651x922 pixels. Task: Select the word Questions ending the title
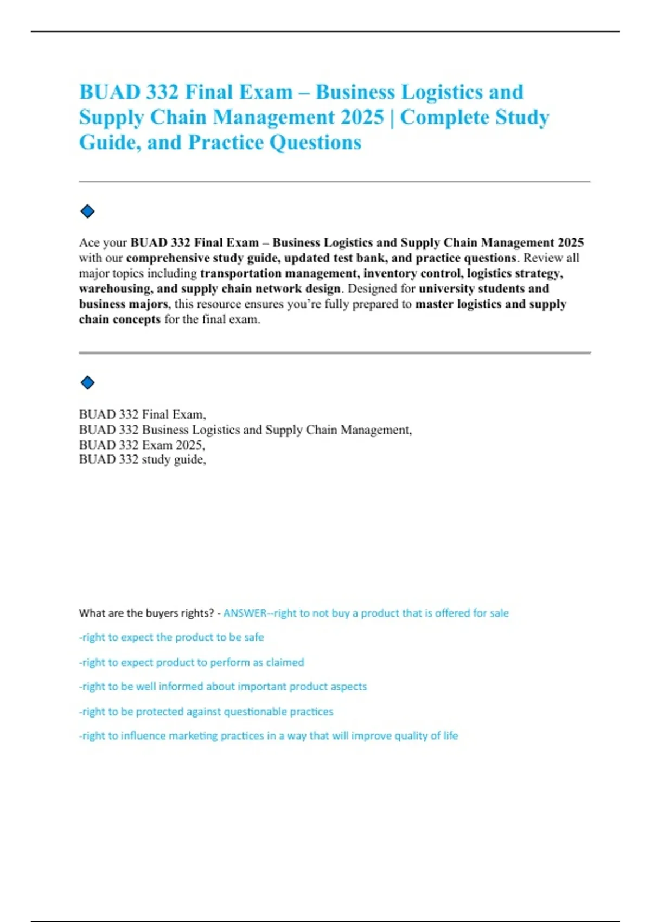315,143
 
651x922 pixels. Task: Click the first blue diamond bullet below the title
87,212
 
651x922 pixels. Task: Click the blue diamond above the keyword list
87,383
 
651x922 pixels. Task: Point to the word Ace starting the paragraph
89,242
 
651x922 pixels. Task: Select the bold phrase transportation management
278,273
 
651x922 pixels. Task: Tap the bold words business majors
123,304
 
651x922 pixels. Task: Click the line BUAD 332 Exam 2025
142,445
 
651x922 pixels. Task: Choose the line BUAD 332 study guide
142,459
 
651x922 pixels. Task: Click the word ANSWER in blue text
245,613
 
